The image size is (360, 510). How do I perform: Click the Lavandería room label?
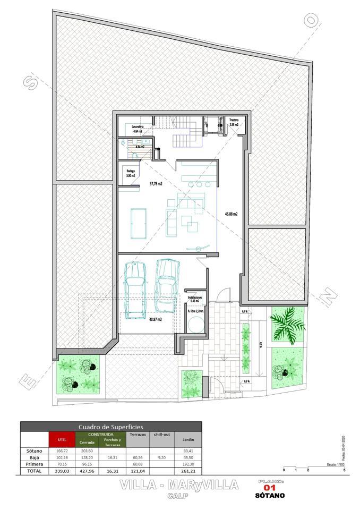point(138,127)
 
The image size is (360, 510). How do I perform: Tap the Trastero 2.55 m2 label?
point(234,122)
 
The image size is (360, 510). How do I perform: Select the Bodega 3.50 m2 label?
point(130,173)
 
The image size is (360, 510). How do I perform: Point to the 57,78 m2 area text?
point(156,184)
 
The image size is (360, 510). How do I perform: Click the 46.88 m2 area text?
point(231,214)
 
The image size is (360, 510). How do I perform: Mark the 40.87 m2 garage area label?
point(155,319)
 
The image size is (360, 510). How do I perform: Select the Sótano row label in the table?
point(34,450)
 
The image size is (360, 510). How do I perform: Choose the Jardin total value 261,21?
point(188,470)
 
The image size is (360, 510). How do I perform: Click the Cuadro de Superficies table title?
point(111,426)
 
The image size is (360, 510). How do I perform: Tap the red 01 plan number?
point(270,488)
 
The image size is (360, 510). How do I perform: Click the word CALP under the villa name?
point(175,495)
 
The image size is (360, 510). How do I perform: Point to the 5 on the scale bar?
point(344,470)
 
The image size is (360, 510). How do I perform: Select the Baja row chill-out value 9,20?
point(161,457)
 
